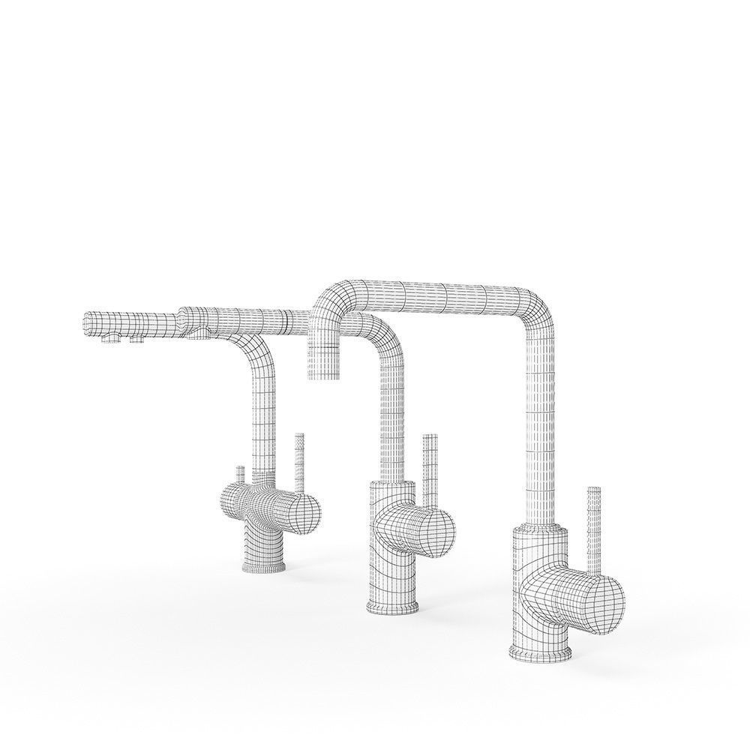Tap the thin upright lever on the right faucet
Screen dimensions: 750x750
click(x=594, y=525)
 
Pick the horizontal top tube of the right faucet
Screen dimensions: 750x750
click(x=435, y=289)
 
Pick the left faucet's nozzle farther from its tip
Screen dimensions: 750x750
click(x=137, y=340)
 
